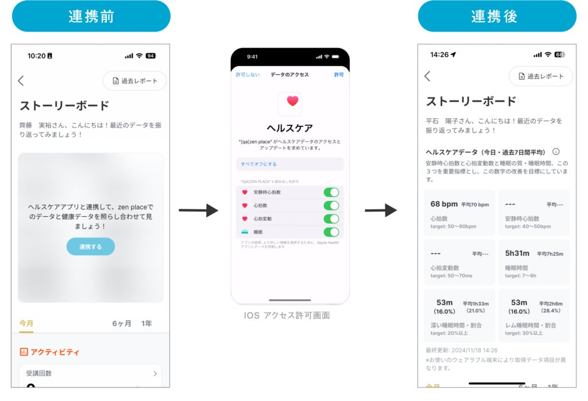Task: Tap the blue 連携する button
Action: (x=91, y=247)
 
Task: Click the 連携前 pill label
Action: (x=91, y=16)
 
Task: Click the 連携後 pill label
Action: (x=497, y=16)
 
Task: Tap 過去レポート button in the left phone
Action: (x=135, y=81)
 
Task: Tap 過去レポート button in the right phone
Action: (x=541, y=76)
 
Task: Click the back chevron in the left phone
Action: (x=21, y=81)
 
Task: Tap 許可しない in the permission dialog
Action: (x=248, y=75)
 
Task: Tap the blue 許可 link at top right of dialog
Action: (x=339, y=75)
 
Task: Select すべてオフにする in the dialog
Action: (x=259, y=164)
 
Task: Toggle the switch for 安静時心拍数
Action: (x=331, y=192)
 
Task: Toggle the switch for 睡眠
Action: (x=331, y=232)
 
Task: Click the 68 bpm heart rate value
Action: (x=444, y=204)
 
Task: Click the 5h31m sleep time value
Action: (x=517, y=254)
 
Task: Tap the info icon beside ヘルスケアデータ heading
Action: (x=556, y=151)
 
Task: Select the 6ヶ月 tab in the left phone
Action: (x=122, y=324)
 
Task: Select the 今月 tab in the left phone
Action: (x=26, y=324)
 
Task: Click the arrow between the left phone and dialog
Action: (x=198, y=211)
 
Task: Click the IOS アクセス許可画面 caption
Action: (x=287, y=316)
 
